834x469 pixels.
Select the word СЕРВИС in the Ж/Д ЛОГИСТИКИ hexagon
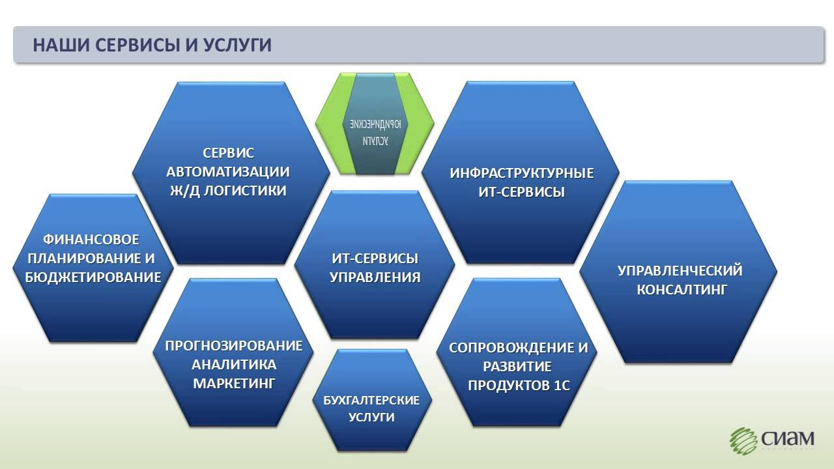coord(228,153)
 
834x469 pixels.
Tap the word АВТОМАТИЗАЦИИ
coord(228,172)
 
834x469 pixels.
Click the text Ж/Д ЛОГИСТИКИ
coord(228,191)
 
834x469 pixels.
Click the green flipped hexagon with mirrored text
coord(375,124)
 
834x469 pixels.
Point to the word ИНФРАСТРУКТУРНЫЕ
coord(521,173)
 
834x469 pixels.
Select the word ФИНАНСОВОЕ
coord(92,240)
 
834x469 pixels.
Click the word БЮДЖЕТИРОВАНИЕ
coord(93,277)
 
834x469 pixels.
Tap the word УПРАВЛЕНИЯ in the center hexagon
coord(375,277)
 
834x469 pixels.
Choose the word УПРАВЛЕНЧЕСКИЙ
coord(680,270)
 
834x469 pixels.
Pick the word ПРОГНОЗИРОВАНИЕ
coord(233,345)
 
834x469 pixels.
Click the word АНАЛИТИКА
coord(234,364)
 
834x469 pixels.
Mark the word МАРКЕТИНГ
coord(234,383)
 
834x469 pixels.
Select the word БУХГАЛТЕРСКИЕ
coord(371,400)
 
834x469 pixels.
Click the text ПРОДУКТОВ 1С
coord(519,386)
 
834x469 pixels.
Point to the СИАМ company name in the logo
coord(787,440)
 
